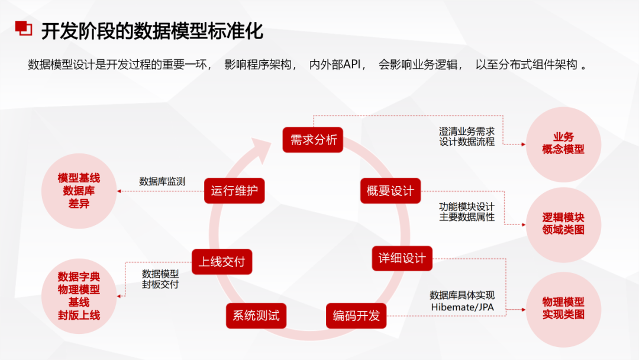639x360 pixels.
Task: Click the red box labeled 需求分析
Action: [313, 140]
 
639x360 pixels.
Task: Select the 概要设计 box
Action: [390, 191]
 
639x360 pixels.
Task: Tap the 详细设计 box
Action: [402, 259]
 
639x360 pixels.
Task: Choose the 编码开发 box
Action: [356, 316]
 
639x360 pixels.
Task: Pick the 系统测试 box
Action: [256, 316]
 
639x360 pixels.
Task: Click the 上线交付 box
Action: [222, 262]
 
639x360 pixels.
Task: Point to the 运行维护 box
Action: [234, 191]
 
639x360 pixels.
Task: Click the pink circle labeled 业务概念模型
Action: [563, 144]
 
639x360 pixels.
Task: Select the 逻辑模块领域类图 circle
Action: [563, 223]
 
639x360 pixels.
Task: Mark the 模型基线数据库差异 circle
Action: [79, 191]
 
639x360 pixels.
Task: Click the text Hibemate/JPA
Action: [462, 307]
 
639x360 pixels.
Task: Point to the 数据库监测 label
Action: [162, 181]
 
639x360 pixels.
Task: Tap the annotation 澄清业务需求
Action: [467, 131]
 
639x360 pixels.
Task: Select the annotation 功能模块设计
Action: [467, 207]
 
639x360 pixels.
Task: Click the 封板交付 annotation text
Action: [160, 284]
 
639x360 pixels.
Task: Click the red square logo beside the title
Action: [23, 28]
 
